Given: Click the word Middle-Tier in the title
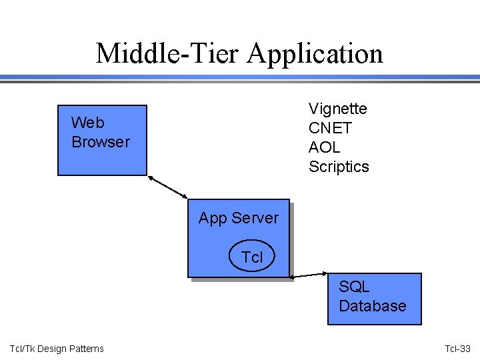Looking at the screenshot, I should [167, 53].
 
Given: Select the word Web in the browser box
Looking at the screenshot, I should [87, 123].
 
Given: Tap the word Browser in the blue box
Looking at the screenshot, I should [101, 142].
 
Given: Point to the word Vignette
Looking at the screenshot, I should [337, 108].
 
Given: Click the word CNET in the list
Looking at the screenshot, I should [329, 127].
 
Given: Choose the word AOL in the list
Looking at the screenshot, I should [324, 147].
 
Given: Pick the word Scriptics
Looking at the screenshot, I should [338, 167].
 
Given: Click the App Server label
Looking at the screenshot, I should [238, 218].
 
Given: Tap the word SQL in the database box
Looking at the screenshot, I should [354, 287].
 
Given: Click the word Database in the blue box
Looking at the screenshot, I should [372, 306].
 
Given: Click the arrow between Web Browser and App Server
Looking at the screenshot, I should [168, 187].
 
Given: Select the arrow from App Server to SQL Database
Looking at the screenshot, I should [309, 275].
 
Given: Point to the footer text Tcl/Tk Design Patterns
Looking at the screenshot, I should [57, 349].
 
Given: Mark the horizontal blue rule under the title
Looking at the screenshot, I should [240, 78].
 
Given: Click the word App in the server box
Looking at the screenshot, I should [213, 218].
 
